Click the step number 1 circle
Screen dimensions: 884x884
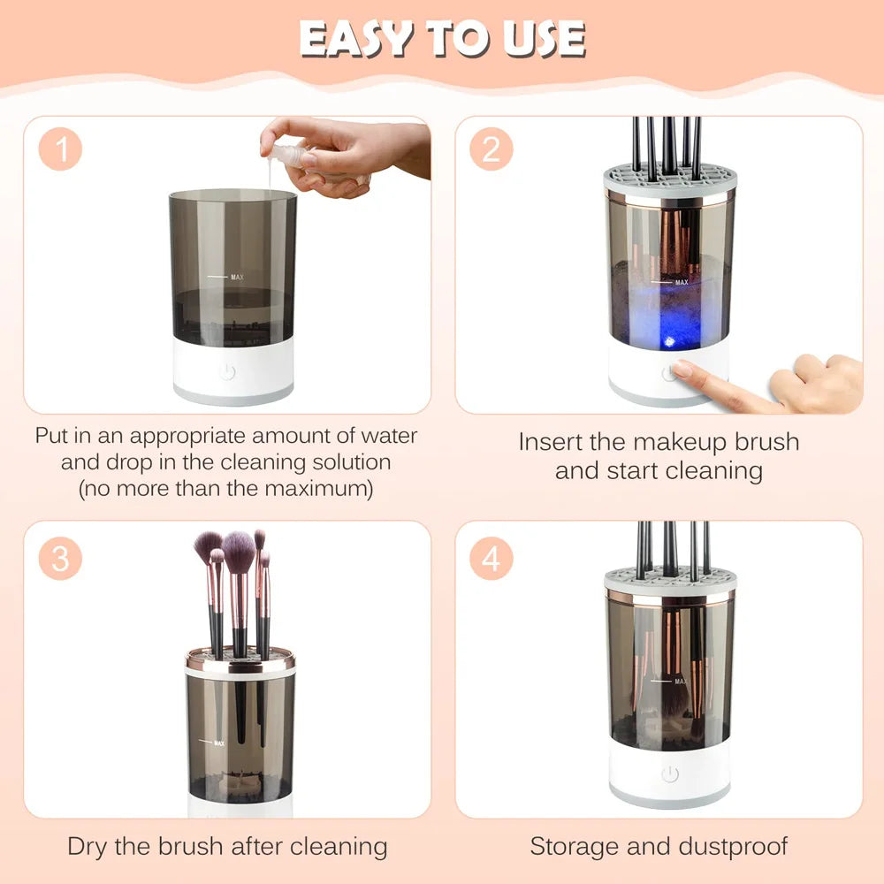tap(61, 150)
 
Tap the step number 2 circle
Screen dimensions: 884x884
tap(491, 150)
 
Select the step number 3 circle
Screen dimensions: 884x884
tap(61, 559)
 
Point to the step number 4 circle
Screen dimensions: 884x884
tap(491, 559)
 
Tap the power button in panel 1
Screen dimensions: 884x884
tap(227, 372)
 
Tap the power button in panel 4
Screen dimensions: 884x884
tap(669, 774)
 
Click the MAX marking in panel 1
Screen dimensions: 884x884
tap(236, 277)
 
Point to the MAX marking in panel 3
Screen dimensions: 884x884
tap(217, 743)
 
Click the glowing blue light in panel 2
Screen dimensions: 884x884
tap(669, 341)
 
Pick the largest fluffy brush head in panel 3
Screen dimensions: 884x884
tap(239, 552)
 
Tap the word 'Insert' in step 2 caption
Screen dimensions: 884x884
tap(554, 442)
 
